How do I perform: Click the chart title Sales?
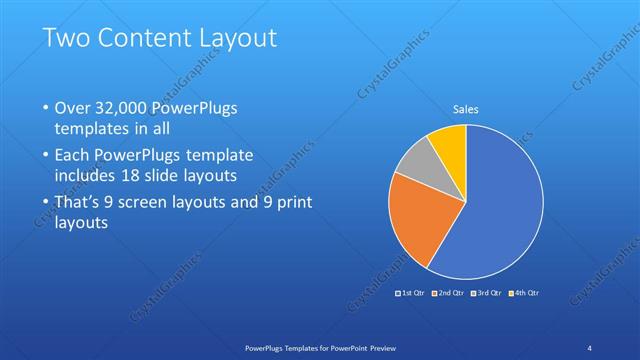click(466, 108)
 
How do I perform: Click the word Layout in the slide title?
click(239, 39)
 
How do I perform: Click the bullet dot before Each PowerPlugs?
click(45, 156)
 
